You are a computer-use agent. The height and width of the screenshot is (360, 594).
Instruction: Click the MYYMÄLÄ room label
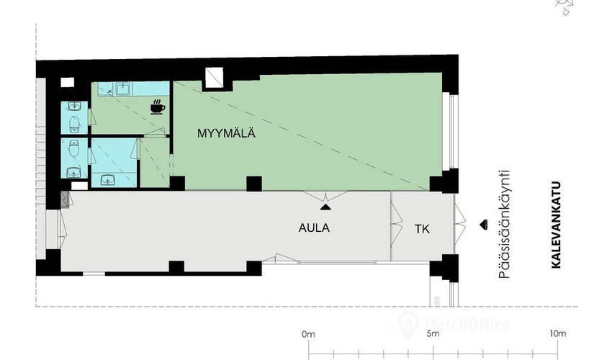point(226,133)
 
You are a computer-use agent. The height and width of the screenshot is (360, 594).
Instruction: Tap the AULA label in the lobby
point(314,228)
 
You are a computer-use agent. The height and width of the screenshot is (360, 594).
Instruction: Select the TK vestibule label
point(422,229)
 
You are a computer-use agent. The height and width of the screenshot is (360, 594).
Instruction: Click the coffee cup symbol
point(157,107)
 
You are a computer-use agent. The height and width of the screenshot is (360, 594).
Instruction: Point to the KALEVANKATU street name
point(556,225)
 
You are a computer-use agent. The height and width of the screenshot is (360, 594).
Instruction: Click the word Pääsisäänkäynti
point(504,225)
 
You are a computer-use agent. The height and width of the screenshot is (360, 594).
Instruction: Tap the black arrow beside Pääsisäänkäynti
point(483,225)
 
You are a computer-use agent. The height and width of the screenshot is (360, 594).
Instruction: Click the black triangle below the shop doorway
point(325,207)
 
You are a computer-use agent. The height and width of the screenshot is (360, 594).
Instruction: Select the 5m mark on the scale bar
point(433,334)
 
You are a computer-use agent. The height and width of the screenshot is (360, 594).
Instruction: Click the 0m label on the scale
point(308,334)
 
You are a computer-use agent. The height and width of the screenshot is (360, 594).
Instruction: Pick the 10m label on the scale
point(557,333)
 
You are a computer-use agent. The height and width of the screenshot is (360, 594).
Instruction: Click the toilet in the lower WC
point(74,148)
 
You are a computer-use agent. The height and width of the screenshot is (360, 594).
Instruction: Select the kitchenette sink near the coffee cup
point(122,89)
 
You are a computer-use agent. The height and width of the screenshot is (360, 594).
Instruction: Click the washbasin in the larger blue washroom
point(109,179)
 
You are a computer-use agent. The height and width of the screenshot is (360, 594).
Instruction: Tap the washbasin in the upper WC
point(74,106)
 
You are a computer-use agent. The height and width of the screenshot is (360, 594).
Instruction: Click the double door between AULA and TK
point(396,225)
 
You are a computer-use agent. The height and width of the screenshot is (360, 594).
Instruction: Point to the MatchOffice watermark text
point(467,325)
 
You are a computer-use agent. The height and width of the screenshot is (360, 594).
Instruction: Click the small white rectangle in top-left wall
point(68,82)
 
